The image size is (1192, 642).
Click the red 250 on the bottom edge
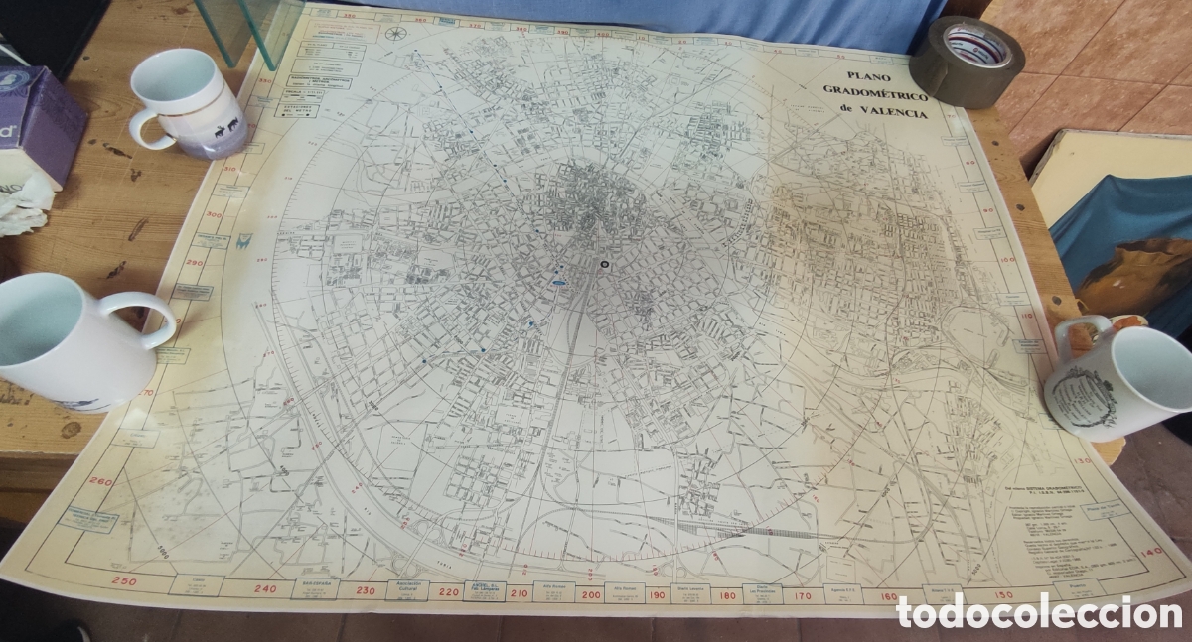124,580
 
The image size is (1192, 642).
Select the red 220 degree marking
448,592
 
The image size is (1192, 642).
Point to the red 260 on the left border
100,480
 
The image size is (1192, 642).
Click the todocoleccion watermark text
1038,612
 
